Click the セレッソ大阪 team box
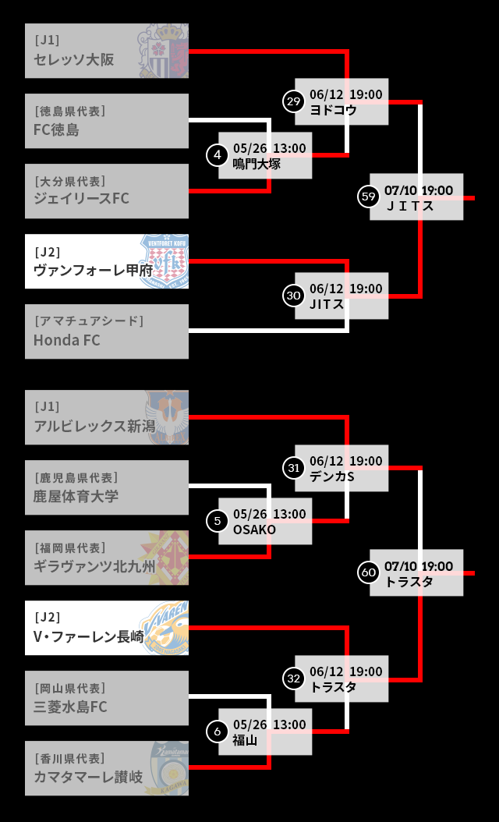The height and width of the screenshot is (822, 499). click(107, 51)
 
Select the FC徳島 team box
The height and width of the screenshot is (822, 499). click(107, 121)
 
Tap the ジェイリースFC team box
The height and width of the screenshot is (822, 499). click(107, 191)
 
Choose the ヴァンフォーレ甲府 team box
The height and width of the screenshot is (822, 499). click(107, 261)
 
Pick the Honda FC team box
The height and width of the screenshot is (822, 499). click(107, 331)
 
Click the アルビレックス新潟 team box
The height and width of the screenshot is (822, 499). click(107, 417)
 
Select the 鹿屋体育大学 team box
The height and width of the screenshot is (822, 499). click(107, 487)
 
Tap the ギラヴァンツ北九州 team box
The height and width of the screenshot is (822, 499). click(107, 558)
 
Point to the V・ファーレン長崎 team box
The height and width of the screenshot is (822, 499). click(107, 628)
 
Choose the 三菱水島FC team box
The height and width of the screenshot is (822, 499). click(107, 698)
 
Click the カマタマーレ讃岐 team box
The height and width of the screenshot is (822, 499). click(107, 768)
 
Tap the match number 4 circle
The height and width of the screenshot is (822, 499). click(217, 155)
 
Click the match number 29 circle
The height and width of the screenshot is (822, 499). click(293, 101)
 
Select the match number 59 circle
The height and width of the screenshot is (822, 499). click(368, 197)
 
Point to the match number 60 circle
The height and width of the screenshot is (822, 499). click(368, 572)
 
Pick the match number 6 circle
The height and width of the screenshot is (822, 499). click(217, 732)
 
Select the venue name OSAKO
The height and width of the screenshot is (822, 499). click(254, 530)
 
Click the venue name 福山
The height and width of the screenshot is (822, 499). click(245, 741)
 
